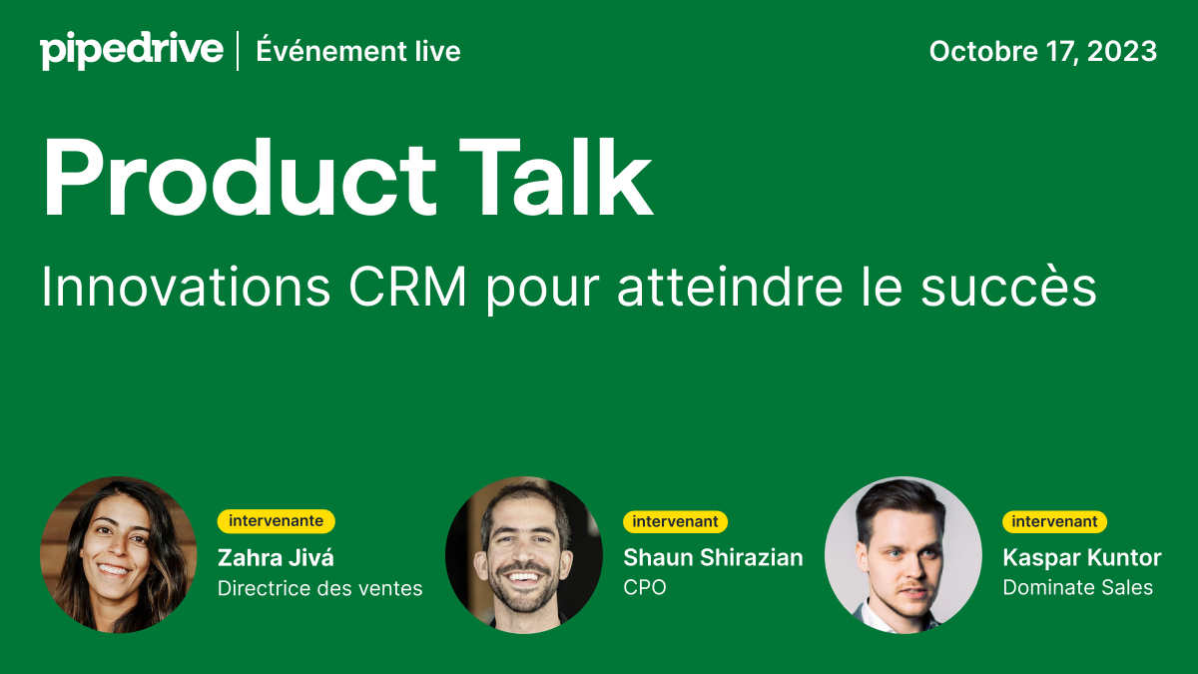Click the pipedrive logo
pos(131,50)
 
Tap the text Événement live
pos(358,51)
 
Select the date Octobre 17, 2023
pos(1042,51)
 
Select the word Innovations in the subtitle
pos(186,289)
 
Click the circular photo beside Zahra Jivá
pos(119,554)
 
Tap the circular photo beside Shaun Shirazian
pos(524,554)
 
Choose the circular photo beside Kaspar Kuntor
pos(903,554)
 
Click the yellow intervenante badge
pos(276,521)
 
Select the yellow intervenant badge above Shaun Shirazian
pos(675,521)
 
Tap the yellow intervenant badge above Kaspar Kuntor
pos(1054,521)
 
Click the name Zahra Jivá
pos(276,557)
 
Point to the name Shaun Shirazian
pos(713,557)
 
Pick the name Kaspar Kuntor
pos(1081,557)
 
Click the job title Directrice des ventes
pos(319,588)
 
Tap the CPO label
pos(644,588)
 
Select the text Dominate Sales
pos(1077,588)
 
